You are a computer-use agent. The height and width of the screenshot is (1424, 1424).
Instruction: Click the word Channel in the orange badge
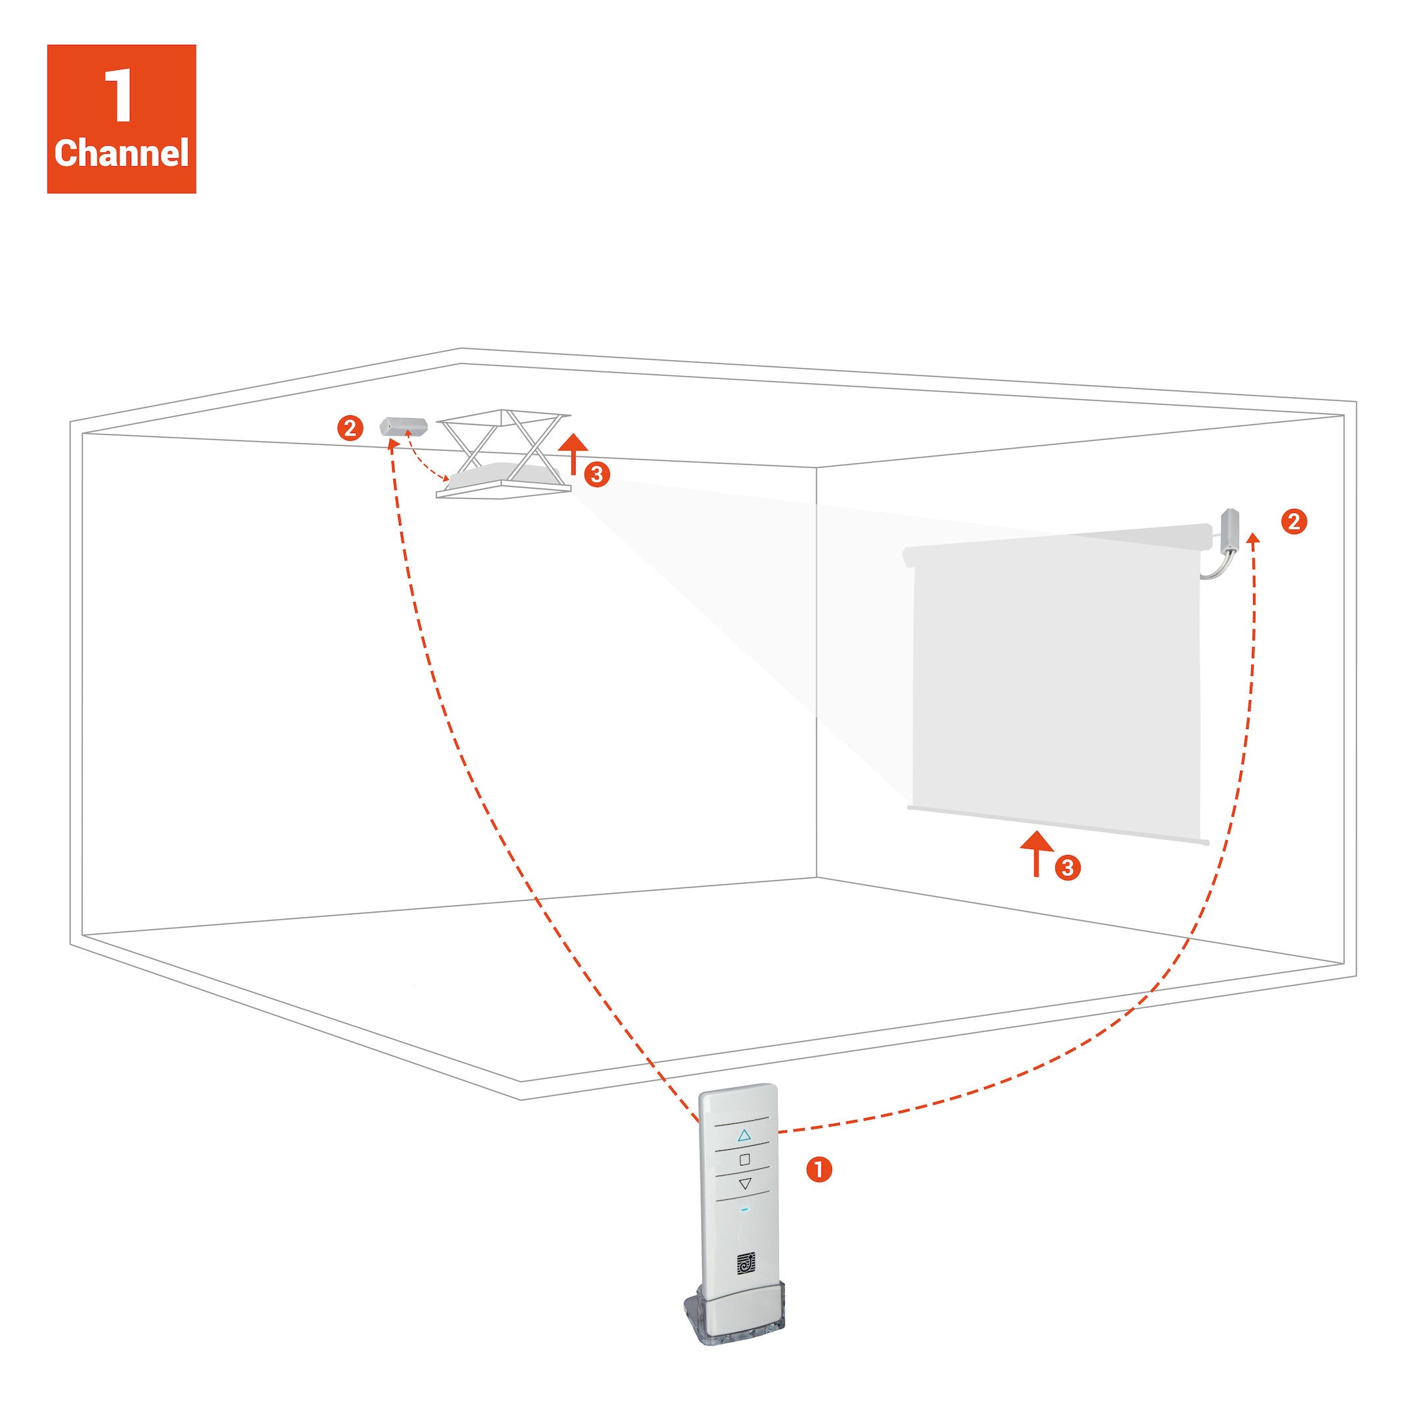point(121,154)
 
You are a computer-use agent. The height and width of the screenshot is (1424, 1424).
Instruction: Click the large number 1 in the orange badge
point(119,96)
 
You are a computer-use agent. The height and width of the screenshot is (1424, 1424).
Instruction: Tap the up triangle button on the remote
point(744,1135)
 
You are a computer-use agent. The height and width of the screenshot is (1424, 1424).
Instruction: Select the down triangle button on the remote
point(744,1184)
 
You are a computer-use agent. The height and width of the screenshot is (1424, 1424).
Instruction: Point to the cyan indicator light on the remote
point(744,1210)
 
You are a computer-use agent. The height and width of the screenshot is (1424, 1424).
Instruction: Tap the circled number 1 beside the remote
point(819,1170)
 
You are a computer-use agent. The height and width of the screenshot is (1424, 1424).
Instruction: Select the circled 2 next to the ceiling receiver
point(350,429)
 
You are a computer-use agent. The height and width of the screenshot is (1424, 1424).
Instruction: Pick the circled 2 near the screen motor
point(1294,522)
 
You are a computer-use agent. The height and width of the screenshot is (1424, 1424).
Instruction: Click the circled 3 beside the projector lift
point(597,475)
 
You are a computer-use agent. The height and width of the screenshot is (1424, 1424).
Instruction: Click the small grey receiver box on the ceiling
point(403,427)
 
